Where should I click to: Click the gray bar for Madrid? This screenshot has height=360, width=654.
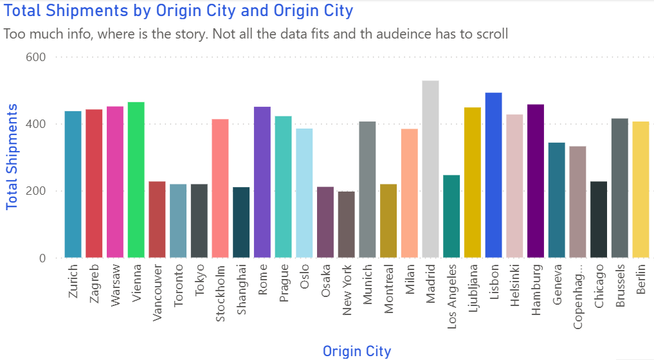tap(430, 170)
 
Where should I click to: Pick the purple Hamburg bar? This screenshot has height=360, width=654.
tap(536, 181)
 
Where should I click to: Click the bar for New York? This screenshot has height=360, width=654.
tap(346, 225)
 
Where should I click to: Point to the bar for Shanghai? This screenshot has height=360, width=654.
tap(241, 222)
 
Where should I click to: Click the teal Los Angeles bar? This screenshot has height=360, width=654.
tap(451, 217)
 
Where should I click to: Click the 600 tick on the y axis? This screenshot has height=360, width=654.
tap(35, 57)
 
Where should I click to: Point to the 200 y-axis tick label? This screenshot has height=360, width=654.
tap(35, 191)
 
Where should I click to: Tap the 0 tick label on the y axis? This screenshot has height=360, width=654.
tap(42, 258)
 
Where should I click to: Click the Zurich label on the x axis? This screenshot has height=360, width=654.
tap(73, 282)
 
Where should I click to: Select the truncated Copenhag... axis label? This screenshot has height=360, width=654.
tap(577, 296)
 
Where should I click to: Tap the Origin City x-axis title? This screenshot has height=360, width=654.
tap(356, 351)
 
